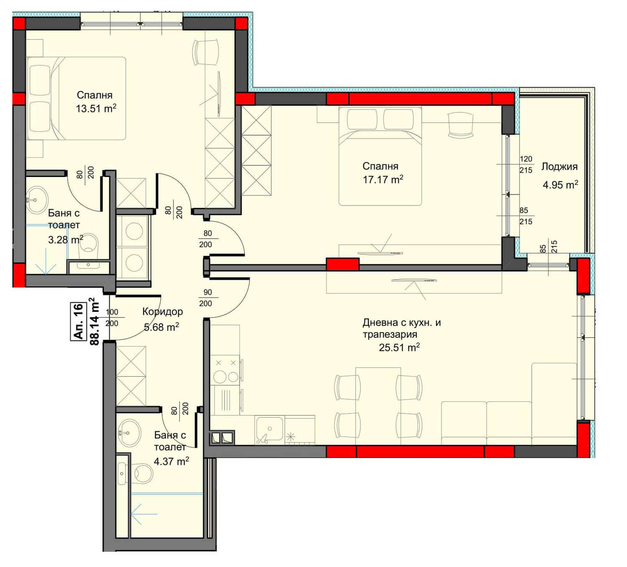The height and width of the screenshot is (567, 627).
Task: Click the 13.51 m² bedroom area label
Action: click(96, 108)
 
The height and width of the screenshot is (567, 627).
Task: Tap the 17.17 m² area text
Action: click(383, 179)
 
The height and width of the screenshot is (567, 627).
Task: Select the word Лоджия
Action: click(559, 167)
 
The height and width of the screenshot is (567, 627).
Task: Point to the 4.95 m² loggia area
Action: click(560, 185)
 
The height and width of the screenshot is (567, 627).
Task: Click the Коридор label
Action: click(163, 312)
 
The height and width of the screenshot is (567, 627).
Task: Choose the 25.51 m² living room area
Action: click(399, 347)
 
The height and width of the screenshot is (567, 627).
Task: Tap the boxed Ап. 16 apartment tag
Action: click(79, 321)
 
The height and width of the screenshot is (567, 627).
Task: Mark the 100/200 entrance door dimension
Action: click(112, 318)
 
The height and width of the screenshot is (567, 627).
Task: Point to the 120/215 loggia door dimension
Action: click(526, 164)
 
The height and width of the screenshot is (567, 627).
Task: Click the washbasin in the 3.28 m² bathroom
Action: click(36, 199)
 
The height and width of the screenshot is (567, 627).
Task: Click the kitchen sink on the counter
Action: click(268, 430)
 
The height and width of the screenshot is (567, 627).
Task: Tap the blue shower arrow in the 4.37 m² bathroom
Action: click(144, 514)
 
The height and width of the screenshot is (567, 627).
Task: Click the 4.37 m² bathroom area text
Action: click(171, 461)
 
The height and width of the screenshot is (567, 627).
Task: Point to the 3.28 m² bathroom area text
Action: click(66, 240)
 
